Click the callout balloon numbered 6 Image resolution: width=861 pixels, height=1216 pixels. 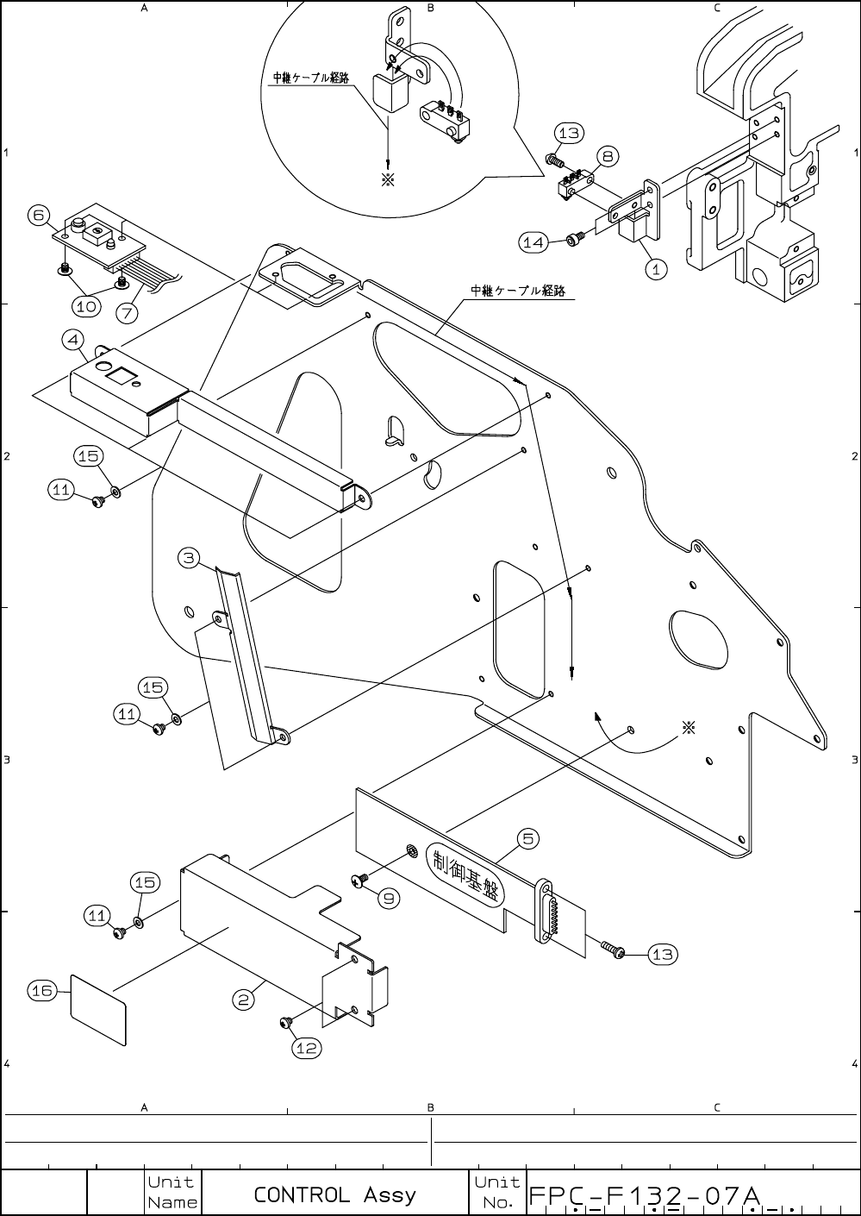37,215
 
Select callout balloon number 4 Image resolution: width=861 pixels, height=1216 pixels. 73,340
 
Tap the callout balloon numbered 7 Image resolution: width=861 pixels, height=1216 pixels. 128,313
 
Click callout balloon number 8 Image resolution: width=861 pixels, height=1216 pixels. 608,156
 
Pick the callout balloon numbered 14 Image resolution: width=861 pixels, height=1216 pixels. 533,242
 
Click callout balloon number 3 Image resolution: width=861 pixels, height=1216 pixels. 190,557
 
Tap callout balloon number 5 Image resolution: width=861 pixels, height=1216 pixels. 528,837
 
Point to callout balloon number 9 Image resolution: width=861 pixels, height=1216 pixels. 390,898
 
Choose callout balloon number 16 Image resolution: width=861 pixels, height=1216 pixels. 42,991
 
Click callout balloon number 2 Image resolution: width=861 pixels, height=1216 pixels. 244,1000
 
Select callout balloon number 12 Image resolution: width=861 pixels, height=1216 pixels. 307,1048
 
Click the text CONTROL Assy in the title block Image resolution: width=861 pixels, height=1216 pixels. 334,1194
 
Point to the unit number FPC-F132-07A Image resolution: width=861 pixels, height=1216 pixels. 643,1196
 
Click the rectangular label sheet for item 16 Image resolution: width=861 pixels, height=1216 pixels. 97,1010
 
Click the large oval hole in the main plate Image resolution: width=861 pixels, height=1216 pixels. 701,639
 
